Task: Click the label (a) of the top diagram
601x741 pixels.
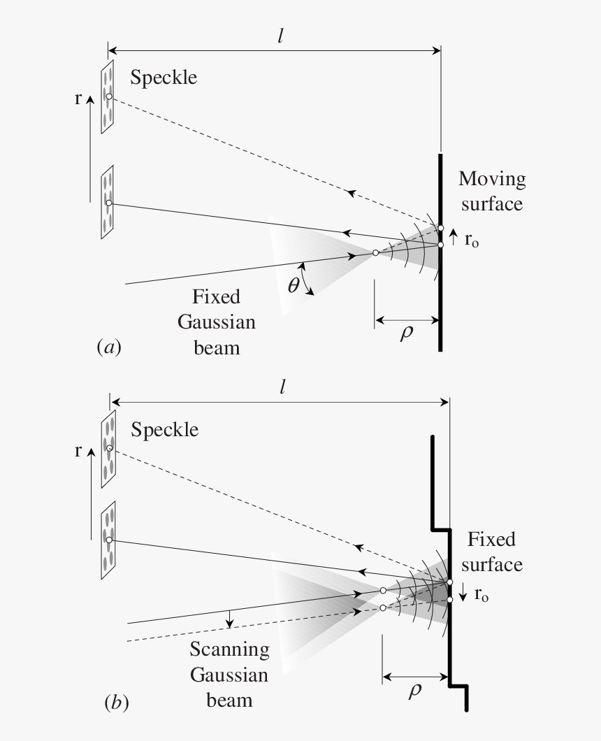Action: coord(108,347)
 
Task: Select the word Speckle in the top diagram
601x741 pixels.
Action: coord(164,77)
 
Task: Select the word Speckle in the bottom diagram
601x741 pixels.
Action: coord(165,429)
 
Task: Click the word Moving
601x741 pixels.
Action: coord(492,179)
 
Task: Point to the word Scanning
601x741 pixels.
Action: coord(230,649)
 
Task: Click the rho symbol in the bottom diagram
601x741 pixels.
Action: coord(415,689)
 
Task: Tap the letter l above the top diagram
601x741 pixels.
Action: coord(279,35)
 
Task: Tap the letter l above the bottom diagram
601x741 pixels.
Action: coord(282,387)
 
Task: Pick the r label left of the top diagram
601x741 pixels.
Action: coord(78,99)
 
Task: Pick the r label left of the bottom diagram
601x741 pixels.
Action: coord(78,451)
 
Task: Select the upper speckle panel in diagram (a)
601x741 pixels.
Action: coord(107,96)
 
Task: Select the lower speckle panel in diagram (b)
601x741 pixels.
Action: coord(108,540)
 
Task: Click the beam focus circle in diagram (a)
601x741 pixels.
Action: coord(376,252)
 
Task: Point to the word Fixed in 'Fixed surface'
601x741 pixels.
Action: coord(491,540)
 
